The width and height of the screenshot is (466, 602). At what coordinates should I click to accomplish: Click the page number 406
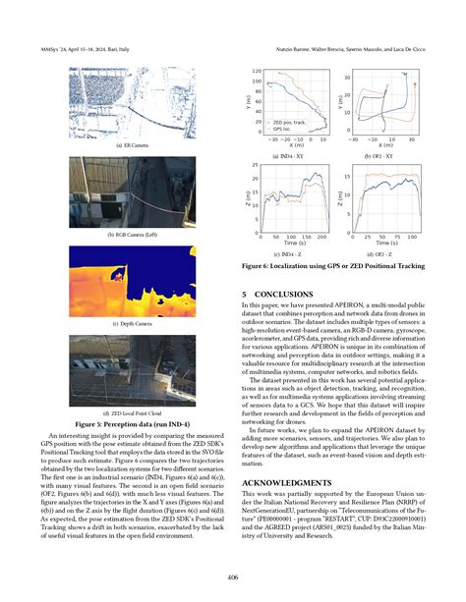tap(233, 575)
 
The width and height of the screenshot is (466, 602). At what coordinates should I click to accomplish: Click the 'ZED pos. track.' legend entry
tap(290, 121)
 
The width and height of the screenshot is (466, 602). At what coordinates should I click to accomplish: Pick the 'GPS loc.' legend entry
tap(284, 128)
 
